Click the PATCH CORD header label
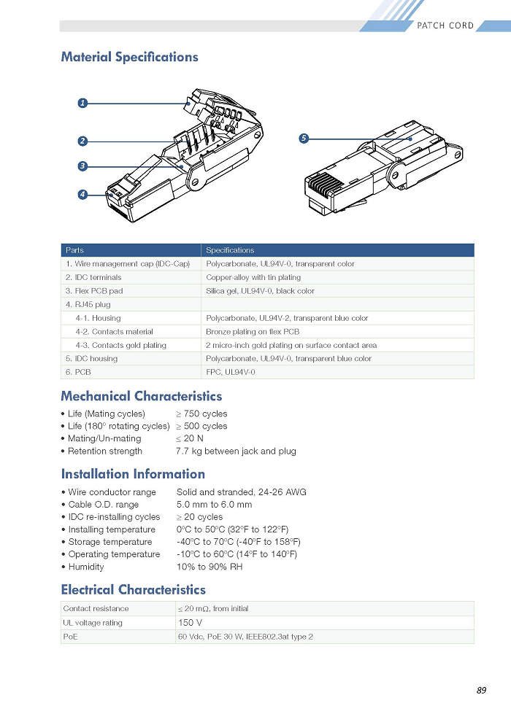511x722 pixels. (x=445, y=26)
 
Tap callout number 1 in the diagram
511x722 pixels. (x=82, y=103)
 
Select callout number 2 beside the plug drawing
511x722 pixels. (x=82, y=141)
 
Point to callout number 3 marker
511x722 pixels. (x=82, y=166)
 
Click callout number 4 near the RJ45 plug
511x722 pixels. (x=82, y=195)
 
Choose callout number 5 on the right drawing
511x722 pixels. (x=303, y=138)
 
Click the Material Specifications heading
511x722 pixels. (x=129, y=57)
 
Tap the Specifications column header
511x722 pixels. (x=230, y=250)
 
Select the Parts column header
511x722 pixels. (x=74, y=250)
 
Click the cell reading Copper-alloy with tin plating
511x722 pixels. (x=253, y=277)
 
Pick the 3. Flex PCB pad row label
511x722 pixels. (x=94, y=291)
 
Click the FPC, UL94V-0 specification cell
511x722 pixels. (x=231, y=372)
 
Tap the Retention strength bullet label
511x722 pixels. (x=105, y=451)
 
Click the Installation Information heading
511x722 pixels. (x=133, y=474)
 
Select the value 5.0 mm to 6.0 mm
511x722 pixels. (x=215, y=505)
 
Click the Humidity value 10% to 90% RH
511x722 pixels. (x=210, y=567)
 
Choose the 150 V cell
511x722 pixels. (x=191, y=623)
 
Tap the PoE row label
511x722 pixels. (x=71, y=637)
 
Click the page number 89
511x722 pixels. (x=482, y=690)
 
